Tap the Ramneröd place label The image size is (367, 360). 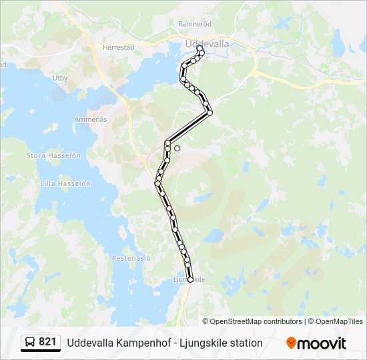[195, 23]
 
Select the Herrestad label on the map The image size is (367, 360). [119, 47]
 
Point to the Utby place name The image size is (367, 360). [60, 78]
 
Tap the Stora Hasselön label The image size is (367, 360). [53, 155]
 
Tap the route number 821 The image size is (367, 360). [48, 342]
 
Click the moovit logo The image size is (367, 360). [316, 343]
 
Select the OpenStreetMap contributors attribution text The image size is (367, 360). [256, 321]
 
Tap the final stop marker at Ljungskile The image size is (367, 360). [190, 280]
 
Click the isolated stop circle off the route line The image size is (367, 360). [177, 148]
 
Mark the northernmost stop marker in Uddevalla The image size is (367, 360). [200, 48]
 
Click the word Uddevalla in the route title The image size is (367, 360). [89, 343]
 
